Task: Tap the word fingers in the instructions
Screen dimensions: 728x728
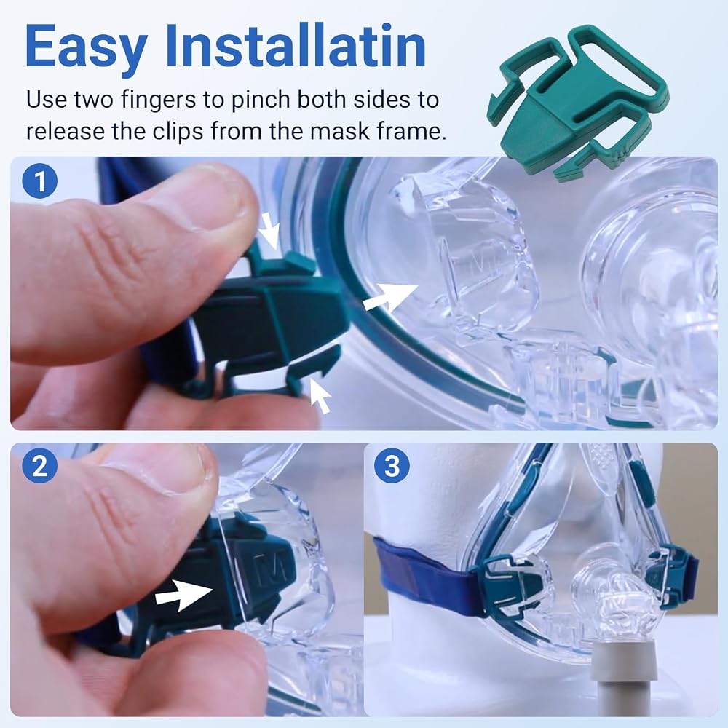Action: pyautogui.click(x=158, y=100)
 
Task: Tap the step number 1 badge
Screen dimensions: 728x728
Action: pyautogui.click(x=40, y=181)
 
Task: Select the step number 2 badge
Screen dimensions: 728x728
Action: pyautogui.click(x=40, y=465)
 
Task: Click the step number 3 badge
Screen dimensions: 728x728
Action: pyautogui.click(x=392, y=465)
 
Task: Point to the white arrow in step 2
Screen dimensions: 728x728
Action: pyautogui.click(x=184, y=594)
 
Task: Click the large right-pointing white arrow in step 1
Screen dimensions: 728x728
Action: pyautogui.click(x=390, y=298)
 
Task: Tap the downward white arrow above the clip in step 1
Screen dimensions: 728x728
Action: pyautogui.click(x=270, y=231)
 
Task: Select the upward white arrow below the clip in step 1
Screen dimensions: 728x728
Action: pyautogui.click(x=320, y=395)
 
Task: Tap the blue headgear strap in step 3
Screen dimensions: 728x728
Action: pyautogui.click(x=425, y=576)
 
